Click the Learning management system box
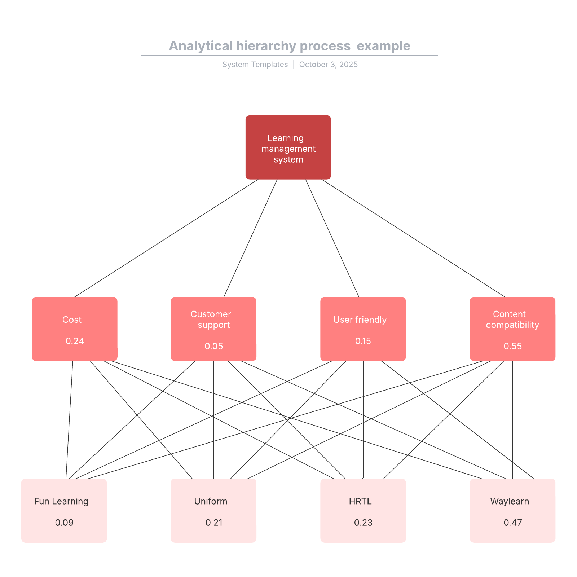point(288,147)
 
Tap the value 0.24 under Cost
point(75,341)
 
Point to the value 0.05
point(214,346)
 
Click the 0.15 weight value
point(363,341)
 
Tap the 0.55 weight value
point(512,346)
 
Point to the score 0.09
point(64,523)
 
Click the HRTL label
point(360,501)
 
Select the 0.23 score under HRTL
point(363,523)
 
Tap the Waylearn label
point(510,501)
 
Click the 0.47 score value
point(513,523)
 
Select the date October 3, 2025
point(328,65)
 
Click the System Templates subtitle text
point(255,65)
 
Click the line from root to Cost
point(166,238)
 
